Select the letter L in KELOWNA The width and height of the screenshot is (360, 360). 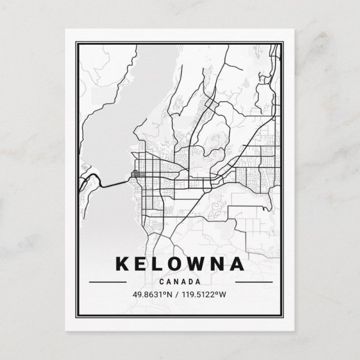pos(158,263)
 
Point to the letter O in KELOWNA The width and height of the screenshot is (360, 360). pos(177,263)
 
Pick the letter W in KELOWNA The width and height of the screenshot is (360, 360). pos(200,263)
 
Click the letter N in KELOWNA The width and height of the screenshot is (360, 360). pos(221,263)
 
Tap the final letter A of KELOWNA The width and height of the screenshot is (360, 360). pos(240,263)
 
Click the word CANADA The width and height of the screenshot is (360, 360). pos(180,281)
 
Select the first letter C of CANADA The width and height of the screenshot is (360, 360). pos(162,281)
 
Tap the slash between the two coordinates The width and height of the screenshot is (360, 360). pos(177,295)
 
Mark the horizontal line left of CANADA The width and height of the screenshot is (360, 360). pos(107,282)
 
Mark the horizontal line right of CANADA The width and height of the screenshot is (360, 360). pos(253,282)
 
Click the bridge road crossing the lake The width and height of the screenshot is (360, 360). pos(115,183)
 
